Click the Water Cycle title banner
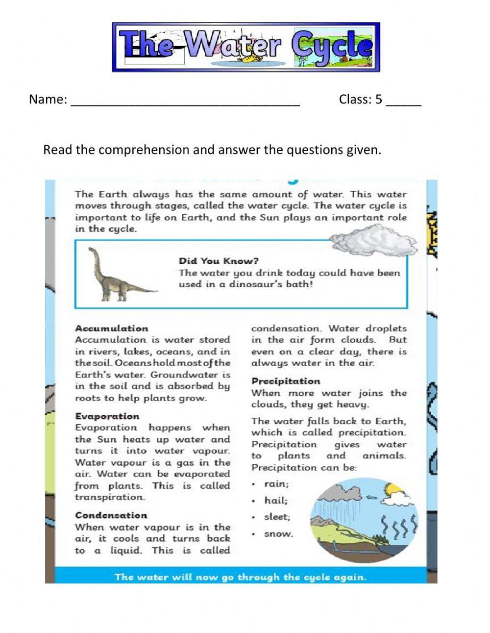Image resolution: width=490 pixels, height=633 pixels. click(246, 47)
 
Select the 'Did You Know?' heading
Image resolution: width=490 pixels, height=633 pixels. click(219, 261)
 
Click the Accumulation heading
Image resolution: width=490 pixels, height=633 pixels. click(111, 329)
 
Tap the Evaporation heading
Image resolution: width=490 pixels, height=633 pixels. click(107, 416)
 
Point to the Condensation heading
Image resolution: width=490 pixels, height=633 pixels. click(111, 515)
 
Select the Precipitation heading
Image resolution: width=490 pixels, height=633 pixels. click(286, 381)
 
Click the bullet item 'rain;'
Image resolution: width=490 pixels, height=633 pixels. click(276, 484)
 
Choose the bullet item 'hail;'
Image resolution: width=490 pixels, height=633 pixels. click(276, 501)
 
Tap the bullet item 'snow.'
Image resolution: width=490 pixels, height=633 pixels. click(278, 534)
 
